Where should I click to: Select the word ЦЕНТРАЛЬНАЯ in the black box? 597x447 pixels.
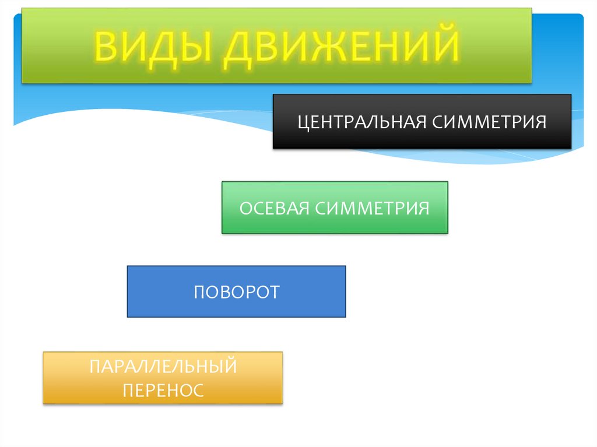pos(362,123)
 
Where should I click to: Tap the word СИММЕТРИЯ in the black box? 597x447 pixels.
pos(490,123)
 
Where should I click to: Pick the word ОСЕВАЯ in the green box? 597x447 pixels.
pos(275,208)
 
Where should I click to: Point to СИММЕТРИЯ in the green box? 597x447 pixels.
pos(373,208)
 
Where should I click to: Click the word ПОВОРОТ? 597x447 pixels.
pos(237,292)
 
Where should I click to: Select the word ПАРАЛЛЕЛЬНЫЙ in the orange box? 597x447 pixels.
pos(163,367)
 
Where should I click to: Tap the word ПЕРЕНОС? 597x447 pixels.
pos(163,390)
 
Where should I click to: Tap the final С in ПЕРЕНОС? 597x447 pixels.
pos(198,390)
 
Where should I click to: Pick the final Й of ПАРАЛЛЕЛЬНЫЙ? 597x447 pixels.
pos(230,367)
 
